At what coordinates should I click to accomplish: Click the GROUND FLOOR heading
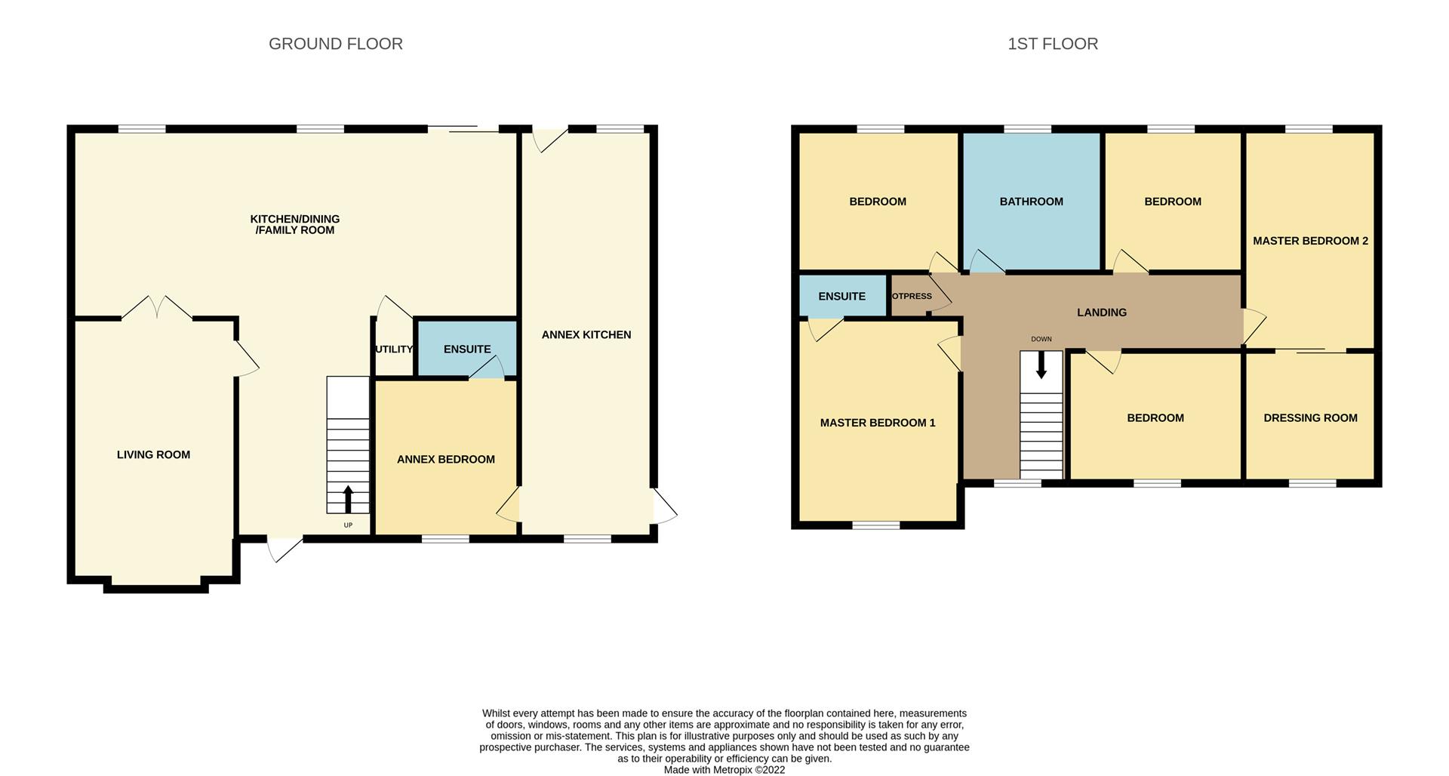pyautogui.click(x=336, y=44)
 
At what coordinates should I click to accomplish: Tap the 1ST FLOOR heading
pyautogui.click(x=1053, y=44)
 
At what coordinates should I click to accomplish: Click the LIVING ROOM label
pyautogui.click(x=153, y=454)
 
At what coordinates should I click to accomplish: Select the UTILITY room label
pyautogui.click(x=394, y=349)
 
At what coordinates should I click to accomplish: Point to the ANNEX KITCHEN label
pyautogui.click(x=586, y=334)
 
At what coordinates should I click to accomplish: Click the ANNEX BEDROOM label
pyautogui.click(x=446, y=459)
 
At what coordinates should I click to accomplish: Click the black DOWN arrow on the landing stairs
pyautogui.click(x=1041, y=365)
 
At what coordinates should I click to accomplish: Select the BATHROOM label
pyautogui.click(x=1031, y=202)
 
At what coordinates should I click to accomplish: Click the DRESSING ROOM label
pyautogui.click(x=1310, y=417)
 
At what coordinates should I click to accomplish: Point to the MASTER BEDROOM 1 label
pyautogui.click(x=878, y=423)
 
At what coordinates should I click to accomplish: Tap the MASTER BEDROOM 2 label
pyautogui.click(x=1310, y=241)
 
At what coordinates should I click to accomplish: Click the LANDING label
pyautogui.click(x=1102, y=312)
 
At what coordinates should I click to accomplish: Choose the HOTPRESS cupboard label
pyautogui.click(x=912, y=296)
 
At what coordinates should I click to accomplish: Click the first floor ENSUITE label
pyautogui.click(x=841, y=296)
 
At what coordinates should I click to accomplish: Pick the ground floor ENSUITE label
pyautogui.click(x=467, y=349)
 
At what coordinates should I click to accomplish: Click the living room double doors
pyautogui.click(x=157, y=308)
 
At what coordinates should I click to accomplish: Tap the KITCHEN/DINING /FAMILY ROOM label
pyautogui.click(x=295, y=224)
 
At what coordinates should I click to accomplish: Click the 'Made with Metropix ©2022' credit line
pyautogui.click(x=724, y=770)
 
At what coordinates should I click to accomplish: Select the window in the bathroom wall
pyautogui.click(x=1028, y=129)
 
